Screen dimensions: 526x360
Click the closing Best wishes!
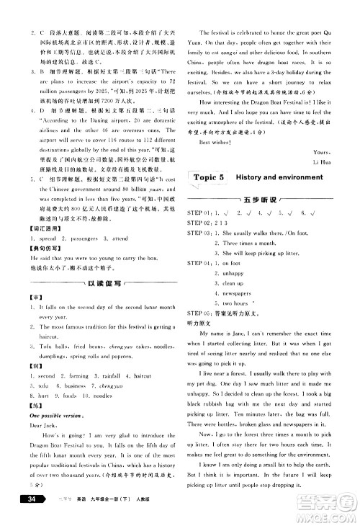[214, 141]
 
